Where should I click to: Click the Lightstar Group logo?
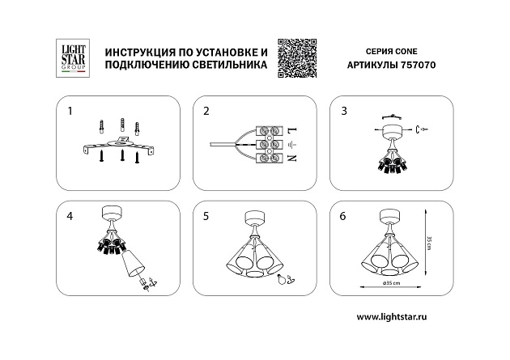coord(70,58)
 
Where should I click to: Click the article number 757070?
coord(417,69)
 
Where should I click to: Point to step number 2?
coord(206,110)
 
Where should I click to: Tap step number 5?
coord(206,217)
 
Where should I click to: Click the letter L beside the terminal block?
coord(291,129)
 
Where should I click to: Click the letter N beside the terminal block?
coord(291,159)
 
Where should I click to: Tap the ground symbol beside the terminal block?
coord(291,144)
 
